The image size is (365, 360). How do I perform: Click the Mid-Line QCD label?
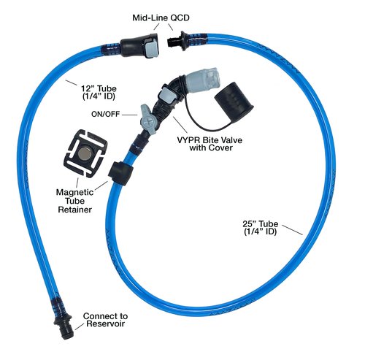tap(161, 18)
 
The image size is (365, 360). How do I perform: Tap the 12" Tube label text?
tap(99, 92)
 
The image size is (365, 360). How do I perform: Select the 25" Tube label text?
tap(261, 228)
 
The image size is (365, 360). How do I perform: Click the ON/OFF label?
tap(105, 114)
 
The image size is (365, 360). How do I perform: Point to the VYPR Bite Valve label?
tap(210, 144)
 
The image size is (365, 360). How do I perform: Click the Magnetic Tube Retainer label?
tap(75, 201)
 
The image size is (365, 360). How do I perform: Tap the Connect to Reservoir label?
tap(105, 320)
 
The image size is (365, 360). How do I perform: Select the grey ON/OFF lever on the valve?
tap(147, 118)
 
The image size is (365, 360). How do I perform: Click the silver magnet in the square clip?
tap(85, 153)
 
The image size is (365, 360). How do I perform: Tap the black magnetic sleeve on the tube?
tap(121, 173)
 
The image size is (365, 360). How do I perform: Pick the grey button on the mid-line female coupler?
tap(152, 50)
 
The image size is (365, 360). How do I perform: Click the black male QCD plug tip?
tap(172, 41)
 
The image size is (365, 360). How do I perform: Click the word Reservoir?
tap(105, 324)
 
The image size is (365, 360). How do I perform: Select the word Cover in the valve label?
tap(219, 148)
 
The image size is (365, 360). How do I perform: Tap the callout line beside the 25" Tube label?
tap(292, 230)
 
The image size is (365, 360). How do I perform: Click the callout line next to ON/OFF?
tap(130, 115)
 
